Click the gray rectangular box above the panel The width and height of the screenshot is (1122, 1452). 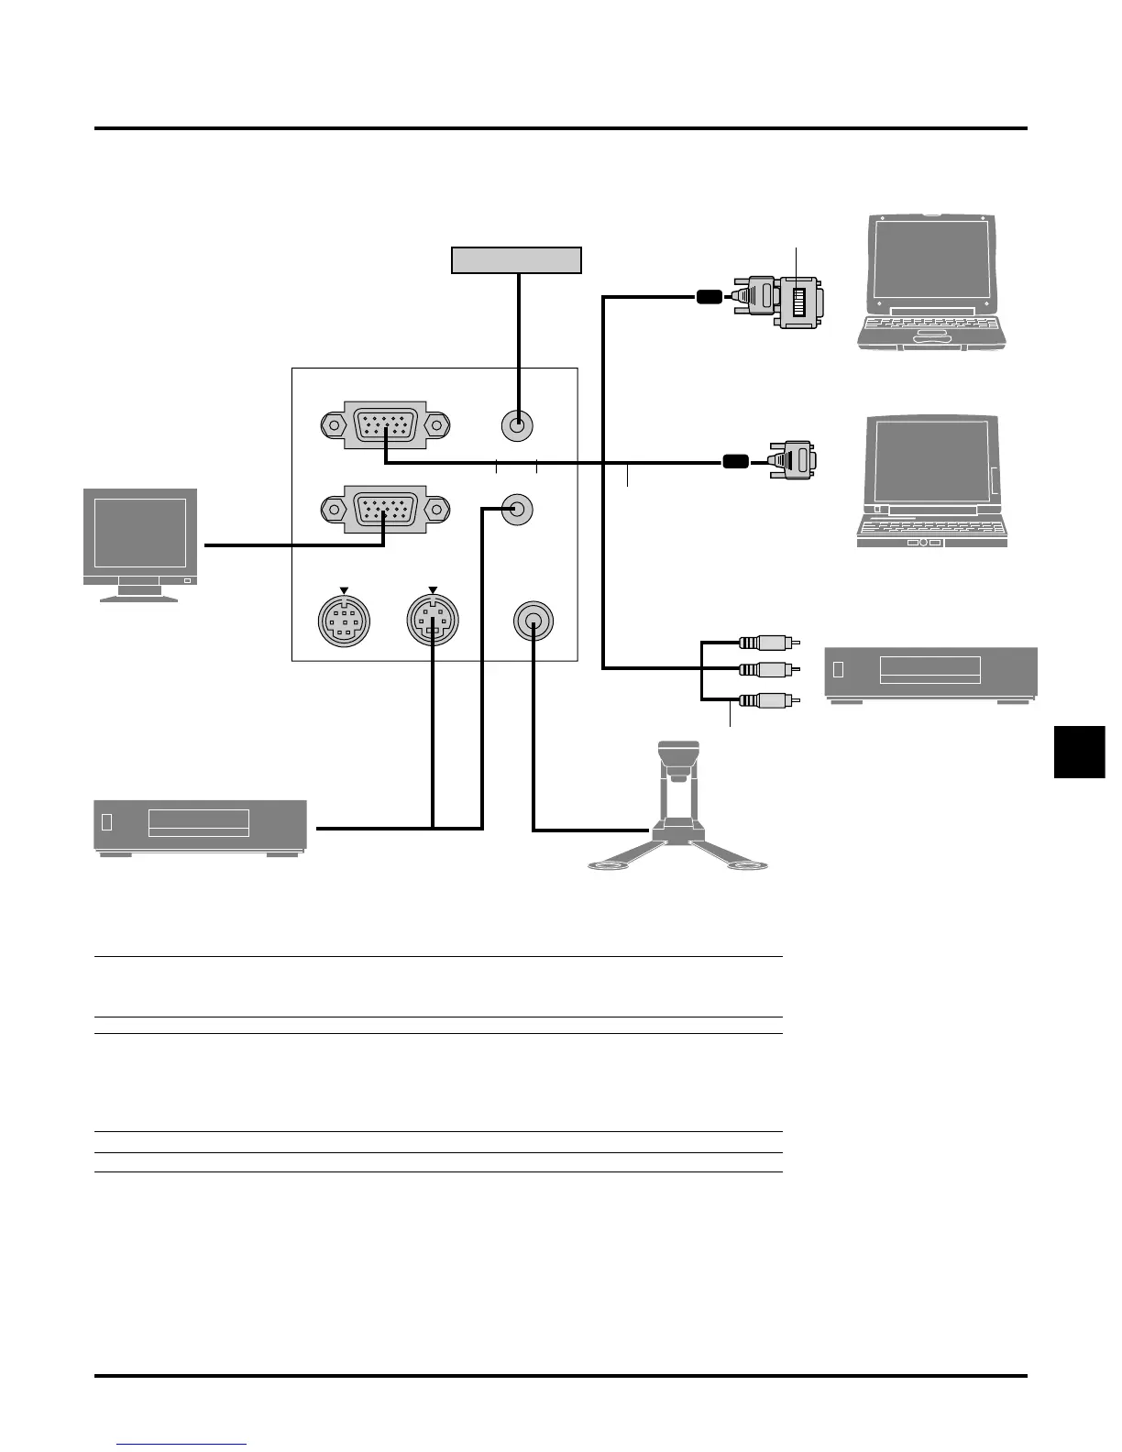[x=517, y=260]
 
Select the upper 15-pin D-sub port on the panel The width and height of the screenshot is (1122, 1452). [x=385, y=425]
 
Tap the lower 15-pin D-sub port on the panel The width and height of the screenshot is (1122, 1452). [x=385, y=509]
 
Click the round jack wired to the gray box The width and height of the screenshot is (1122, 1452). [x=518, y=425]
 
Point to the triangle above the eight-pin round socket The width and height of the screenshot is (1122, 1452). [x=344, y=590]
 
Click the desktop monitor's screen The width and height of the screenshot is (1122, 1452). [x=140, y=533]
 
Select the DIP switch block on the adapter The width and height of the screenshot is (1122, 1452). [x=798, y=302]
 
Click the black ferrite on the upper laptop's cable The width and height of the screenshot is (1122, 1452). [x=709, y=296]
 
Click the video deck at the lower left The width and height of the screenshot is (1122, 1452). [x=200, y=826]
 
